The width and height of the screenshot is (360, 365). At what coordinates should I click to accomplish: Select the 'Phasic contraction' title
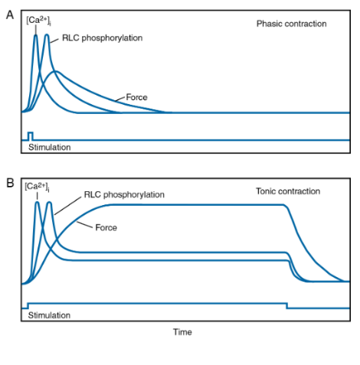point(291,24)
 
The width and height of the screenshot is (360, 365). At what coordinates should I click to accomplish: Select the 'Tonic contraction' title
point(288,191)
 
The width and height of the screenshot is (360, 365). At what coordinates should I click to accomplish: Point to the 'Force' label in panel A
point(136,97)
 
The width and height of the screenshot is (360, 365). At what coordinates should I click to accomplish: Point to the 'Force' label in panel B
point(106,227)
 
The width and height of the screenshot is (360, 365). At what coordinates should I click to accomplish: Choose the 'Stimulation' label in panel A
point(50,145)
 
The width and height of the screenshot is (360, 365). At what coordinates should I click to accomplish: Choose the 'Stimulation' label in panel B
point(50,314)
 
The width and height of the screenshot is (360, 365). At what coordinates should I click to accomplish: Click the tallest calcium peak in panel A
point(35,35)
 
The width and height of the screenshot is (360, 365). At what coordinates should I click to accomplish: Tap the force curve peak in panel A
point(55,72)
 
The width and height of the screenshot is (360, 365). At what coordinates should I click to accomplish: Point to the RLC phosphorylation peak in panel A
point(47,34)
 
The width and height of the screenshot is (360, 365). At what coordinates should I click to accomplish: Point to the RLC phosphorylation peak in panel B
point(50,203)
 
